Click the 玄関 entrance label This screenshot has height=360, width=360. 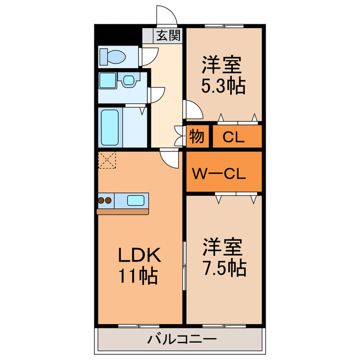[x=168, y=36]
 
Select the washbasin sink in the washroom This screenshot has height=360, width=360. [x=128, y=80]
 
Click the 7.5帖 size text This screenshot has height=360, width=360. [x=223, y=269]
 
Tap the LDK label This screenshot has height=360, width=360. [x=139, y=255]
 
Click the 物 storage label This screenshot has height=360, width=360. [x=196, y=137]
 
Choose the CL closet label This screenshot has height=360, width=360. [x=233, y=137]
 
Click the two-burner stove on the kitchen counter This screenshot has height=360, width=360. [x=105, y=200]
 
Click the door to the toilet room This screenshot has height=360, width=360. [x=148, y=55]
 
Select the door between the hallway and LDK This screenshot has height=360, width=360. [x=168, y=157]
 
